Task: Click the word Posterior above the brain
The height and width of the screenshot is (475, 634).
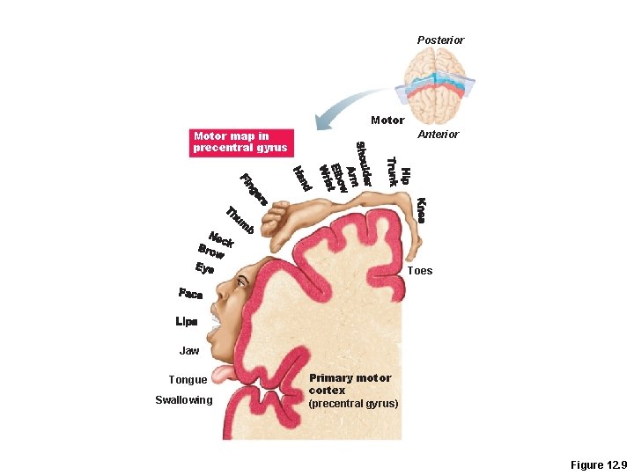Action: coord(440,40)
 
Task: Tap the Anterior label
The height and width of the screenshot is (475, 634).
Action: coord(438,135)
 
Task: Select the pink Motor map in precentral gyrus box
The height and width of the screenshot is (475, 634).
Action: coord(240,142)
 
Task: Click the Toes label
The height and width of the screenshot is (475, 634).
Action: coord(420,271)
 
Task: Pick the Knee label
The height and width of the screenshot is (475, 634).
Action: coord(421,209)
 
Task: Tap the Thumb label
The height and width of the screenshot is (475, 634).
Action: coord(240,220)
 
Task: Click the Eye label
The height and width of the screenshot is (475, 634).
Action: coord(204,269)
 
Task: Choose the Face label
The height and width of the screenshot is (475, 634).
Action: coord(190,294)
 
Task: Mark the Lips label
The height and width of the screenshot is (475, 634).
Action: coord(187,322)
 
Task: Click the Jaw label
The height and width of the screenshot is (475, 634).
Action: coord(189,350)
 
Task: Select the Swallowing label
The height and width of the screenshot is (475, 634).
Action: coord(183,400)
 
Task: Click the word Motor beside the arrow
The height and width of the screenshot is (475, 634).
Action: coord(387,120)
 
